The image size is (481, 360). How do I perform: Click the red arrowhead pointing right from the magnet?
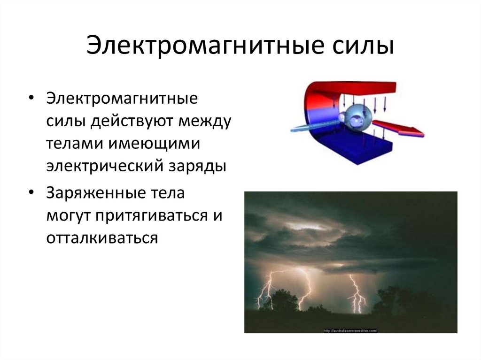tap(413, 131)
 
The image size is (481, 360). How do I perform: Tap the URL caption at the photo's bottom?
tap(350, 330)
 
